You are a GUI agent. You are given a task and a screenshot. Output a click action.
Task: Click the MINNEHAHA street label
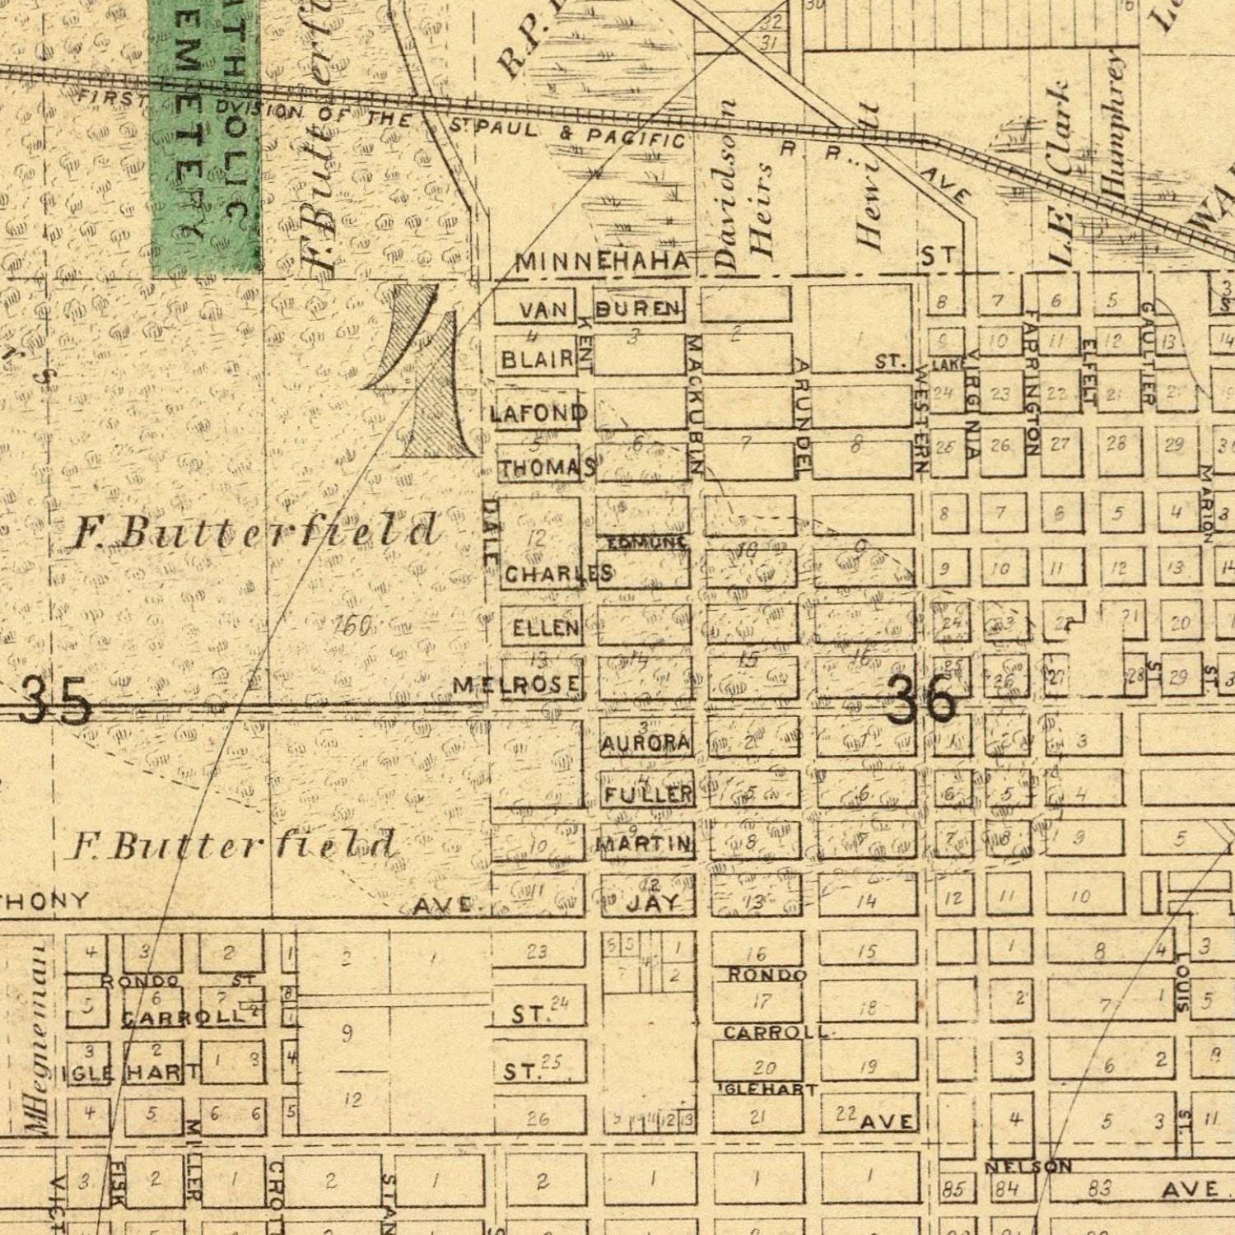(603, 263)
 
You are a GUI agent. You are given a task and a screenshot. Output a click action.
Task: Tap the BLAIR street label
(537, 359)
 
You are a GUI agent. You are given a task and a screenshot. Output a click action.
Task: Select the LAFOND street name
(539, 412)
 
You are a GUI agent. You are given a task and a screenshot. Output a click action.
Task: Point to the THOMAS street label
(548, 468)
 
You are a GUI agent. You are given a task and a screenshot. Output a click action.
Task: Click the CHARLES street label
(558, 574)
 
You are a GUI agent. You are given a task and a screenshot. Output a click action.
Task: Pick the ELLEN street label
(545, 628)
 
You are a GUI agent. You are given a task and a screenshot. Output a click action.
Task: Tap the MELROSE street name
(517, 684)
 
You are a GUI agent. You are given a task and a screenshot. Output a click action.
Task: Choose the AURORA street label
(645, 743)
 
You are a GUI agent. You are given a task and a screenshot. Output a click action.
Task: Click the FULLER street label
(648, 795)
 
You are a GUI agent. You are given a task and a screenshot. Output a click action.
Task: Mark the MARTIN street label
(644, 844)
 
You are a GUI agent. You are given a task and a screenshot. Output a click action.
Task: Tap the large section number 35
(54, 703)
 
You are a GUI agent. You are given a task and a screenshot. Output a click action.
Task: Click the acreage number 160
(353, 627)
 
